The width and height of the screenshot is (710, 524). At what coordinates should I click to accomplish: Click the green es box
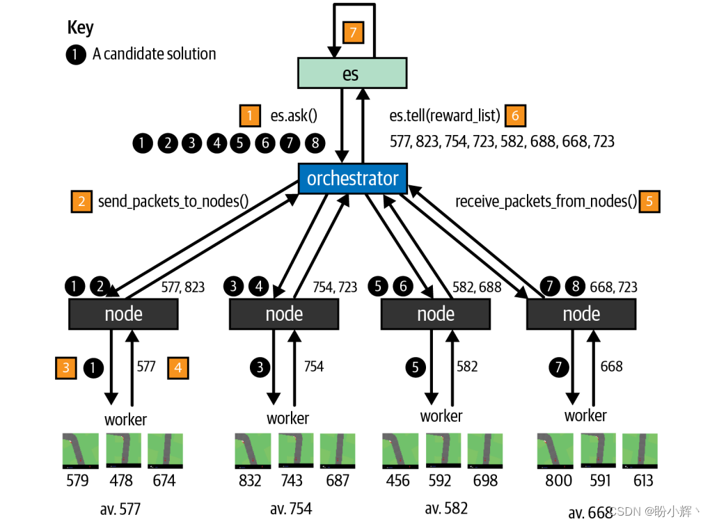[352, 73]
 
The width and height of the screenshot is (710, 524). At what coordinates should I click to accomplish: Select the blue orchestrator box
[353, 178]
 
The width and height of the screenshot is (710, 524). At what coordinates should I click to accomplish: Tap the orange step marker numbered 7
[353, 33]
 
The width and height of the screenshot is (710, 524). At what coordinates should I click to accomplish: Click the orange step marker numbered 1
[250, 116]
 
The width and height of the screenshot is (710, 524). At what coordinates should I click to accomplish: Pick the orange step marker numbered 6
[515, 116]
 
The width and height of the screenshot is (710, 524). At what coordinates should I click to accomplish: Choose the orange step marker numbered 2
[81, 201]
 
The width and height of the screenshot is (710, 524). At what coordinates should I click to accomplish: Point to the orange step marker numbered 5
[649, 201]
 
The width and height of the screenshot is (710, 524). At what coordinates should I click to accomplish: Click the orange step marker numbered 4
[178, 367]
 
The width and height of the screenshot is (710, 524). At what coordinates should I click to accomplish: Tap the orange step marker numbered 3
[66, 367]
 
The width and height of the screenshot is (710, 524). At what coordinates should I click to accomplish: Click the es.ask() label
[294, 116]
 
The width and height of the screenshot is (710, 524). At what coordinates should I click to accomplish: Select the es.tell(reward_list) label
[445, 116]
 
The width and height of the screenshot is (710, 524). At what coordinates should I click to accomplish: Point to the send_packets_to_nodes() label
[173, 201]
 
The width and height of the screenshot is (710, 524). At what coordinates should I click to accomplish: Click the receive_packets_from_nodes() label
[546, 201]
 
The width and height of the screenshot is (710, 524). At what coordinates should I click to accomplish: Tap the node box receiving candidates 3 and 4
[284, 314]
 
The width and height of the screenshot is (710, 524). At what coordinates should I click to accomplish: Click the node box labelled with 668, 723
[581, 314]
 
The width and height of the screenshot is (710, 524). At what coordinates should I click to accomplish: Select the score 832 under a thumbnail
[250, 480]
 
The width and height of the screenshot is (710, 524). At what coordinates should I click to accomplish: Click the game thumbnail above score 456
[400, 451]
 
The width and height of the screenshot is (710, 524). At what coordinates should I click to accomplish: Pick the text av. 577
[120, 509]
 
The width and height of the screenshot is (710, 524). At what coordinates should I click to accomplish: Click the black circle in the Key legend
[76, 54]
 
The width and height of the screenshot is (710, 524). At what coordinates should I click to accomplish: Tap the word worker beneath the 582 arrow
[441, 416]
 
